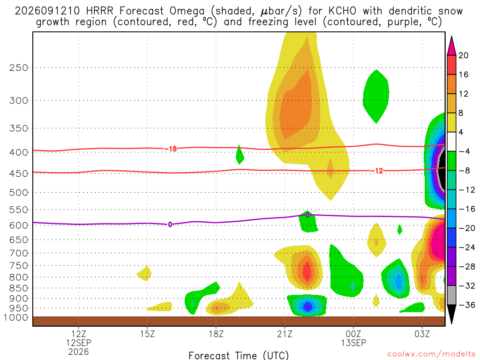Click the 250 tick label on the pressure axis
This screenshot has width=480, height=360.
(19, 67)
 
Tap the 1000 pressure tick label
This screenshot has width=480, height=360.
(16, 317)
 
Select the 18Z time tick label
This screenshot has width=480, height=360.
(216, 334)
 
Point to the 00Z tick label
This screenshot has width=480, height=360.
(353, 334)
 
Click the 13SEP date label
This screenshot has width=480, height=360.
(353, 343)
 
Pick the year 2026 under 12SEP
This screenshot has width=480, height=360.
(79, 352)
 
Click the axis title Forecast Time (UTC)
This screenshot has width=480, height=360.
(239, 355)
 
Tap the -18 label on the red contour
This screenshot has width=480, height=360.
(171, 149)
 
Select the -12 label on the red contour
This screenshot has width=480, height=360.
(376, 171)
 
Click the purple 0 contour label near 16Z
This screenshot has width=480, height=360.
(170, 225)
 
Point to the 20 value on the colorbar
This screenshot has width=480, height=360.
(464, 55)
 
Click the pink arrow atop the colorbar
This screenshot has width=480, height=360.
(451, 46)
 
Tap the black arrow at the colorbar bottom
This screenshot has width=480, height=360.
(451, 314)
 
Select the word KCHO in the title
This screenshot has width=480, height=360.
(342, 11)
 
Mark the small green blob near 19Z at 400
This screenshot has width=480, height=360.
(240, 155)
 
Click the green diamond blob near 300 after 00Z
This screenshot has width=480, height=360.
(376, 97)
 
